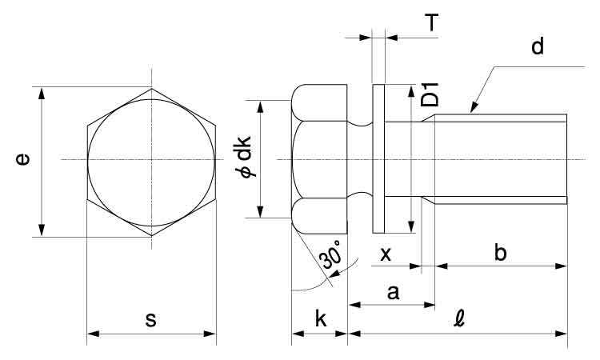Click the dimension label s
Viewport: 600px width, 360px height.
[150, 320]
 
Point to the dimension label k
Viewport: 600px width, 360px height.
[320, 318]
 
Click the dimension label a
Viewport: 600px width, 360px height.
[392, 294]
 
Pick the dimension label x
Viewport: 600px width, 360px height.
[386, 254]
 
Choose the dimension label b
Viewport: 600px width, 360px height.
[500, 254]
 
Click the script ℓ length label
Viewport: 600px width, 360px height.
[458, 318]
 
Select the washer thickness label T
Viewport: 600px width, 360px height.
[431, 22]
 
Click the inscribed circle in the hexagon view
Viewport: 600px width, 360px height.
[151, 160]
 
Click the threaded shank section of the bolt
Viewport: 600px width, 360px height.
[500, 160]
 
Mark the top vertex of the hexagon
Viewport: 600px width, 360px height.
[151, 87]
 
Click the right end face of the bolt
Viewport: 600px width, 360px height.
[566, 160]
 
